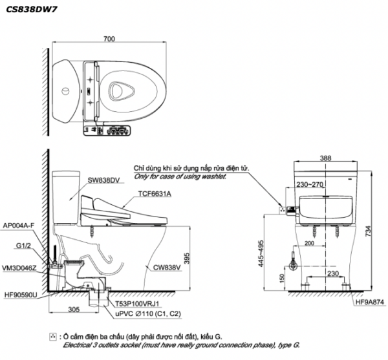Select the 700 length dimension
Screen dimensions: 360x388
point(109,39)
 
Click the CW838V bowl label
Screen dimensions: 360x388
point(167,266)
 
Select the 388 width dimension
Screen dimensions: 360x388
point(326,157)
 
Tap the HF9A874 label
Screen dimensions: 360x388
point(368,302)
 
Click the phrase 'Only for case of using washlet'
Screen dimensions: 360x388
point(180,176)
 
